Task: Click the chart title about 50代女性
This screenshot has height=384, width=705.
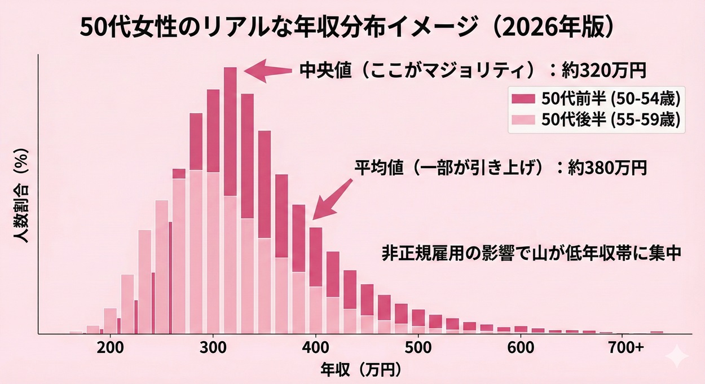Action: pyautogui.click(x=345, y=28)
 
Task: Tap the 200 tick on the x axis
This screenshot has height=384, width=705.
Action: pyautogui.click(x=111, y=347)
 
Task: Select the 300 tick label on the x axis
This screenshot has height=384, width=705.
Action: pyautogui.click(x=213, y=347)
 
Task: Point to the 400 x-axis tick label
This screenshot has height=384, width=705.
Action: pyautogui.click(x=315, y=347)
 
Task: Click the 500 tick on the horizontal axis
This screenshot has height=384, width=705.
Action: pyautogui.click(x=418, y=347)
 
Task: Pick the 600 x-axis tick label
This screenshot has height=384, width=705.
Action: pyautogui.click(x=520, y=347)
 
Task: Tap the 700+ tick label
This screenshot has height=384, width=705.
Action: pyautogui.click(x=627, y=347)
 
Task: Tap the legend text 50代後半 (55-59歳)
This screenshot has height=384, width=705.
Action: pyautogui.click(x=611, y=120)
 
